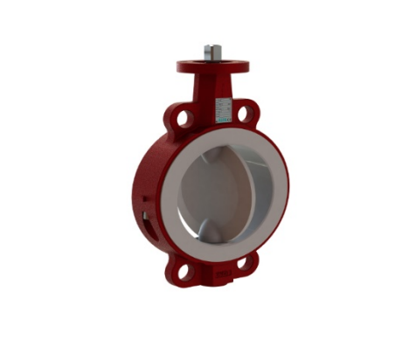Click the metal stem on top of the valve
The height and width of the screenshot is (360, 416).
[x=212, y=52]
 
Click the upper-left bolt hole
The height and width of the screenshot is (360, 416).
[x=180, y=116]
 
